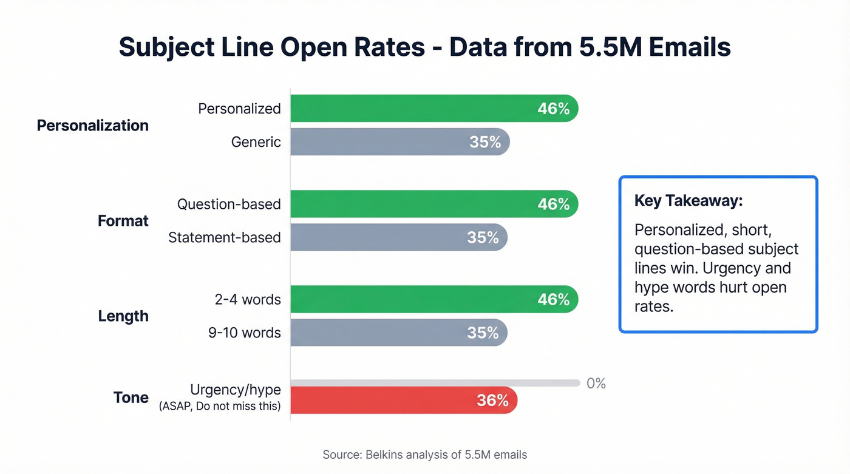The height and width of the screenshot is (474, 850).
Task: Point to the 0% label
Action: (596, 384)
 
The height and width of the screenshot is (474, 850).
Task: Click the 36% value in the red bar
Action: (492, 401)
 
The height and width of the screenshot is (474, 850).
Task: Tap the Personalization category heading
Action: (92, 126)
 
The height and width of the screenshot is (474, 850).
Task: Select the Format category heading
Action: (123, 221)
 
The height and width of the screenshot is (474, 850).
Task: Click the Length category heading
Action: (123, 316)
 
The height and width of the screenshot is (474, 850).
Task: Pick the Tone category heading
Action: (131, 398)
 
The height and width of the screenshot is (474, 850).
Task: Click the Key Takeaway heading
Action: (688, 201)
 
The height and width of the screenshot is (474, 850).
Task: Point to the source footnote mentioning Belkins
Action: (425, 455)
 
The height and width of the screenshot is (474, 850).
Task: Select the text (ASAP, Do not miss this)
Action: (220, 407)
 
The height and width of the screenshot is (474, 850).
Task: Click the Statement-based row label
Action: (224, 237)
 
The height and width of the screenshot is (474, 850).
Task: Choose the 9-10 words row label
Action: (244, 333)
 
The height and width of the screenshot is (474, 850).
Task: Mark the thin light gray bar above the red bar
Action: (435, 383)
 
